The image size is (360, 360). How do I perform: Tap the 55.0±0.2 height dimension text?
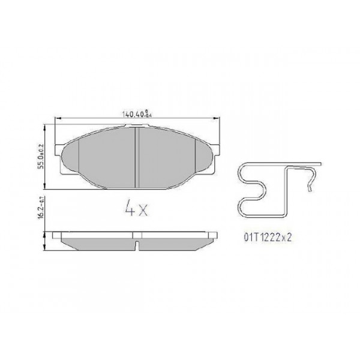[x=41, y=156]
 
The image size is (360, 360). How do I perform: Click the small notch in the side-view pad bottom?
[x=138, y=245]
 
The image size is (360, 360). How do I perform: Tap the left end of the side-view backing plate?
[x=56, y=234]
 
